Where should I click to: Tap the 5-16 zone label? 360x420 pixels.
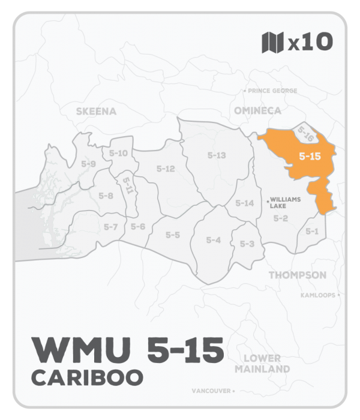click(x=307, y=136)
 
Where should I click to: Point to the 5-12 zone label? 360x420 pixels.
click(x=165, y=169)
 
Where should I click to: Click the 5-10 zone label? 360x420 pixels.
click(x=119, y=154)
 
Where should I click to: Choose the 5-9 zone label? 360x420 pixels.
click(x=88, y=164)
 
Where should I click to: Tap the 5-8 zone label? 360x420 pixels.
click(x=106, y=196)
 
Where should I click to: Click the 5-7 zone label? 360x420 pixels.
click(x=110, y=227)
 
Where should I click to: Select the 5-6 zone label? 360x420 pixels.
click(x=138, y=226)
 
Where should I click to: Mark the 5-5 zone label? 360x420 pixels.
click(x=173, y=235)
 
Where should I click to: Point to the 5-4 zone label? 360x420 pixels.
click(x=214, y=240)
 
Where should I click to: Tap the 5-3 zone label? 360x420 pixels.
click(x=247, y=244)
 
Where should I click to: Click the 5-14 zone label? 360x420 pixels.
click(x=245, y=203)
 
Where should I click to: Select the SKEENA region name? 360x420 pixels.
click(x=96, y=111)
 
